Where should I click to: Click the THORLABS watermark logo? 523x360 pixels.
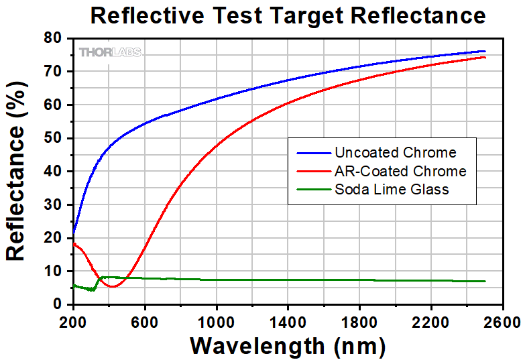(x=110, y=52)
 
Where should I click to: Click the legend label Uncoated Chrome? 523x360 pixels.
(x=395, y=153)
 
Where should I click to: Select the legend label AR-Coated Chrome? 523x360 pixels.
(x=400, y=171)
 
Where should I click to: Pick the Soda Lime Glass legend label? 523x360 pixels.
(x=392, y=189)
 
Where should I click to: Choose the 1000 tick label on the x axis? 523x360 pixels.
(x=216, y=320)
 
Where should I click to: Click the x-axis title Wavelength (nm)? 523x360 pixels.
(x=288, y=345)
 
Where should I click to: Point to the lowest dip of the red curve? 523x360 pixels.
(x=113, y=287)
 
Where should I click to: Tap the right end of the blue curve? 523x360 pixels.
(x=485, y=51)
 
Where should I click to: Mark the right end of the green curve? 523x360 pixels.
(x=485, y=281)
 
